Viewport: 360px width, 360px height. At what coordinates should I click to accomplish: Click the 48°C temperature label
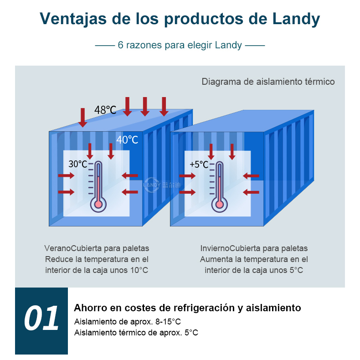[x=105, y=110]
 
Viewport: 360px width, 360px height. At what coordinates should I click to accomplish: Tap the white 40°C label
[x=127, y=139]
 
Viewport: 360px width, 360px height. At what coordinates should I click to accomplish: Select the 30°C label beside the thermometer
[x=78, y=164]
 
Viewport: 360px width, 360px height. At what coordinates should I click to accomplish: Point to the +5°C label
[x=199, y=165]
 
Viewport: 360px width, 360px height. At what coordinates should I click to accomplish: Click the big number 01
[x=41, y=318]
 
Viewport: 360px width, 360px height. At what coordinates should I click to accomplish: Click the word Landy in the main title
[x=296, y=19]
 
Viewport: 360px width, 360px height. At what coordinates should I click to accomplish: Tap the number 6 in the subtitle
[x=121, y=45]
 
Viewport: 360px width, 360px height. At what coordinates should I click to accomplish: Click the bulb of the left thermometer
[x=98, y=204]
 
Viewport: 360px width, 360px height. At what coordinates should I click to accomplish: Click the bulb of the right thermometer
[x=220, y=204]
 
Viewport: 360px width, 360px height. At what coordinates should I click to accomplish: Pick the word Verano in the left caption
[x=57, y=248]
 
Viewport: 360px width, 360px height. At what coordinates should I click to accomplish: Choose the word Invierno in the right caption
[x=215, y=248]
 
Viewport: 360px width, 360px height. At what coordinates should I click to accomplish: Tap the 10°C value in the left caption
[x=139, y=270]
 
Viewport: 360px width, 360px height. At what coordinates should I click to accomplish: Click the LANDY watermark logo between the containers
[x=162, y=185]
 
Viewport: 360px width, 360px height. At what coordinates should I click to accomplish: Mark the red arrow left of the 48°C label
[x=82, y=117]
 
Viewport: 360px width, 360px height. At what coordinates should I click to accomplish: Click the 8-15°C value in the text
[x=168, y=322]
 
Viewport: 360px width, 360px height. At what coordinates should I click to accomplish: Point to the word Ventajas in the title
[x=73, y=19]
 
